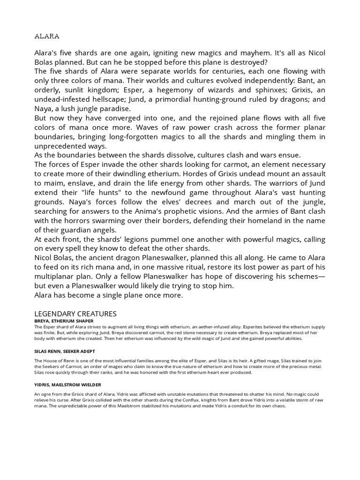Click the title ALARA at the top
47,36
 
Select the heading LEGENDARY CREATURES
75,314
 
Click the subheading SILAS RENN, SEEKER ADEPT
65,351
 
